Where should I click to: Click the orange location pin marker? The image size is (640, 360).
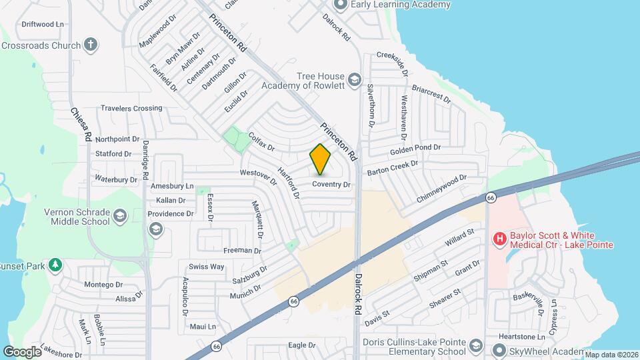coord(321,159)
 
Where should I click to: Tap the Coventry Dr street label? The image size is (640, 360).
coord(331,184)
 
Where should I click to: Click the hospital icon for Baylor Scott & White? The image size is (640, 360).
coord(498,238)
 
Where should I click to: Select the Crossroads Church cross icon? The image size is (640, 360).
coord(91,45)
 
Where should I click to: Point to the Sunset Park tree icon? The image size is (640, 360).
coord(56,266)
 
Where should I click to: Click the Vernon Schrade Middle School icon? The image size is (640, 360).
coord(120,215)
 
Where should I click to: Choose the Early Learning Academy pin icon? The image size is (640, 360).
coord(340,5)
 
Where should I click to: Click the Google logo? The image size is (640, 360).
coord(21,351)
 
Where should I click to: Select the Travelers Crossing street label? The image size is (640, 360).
coord(131,108)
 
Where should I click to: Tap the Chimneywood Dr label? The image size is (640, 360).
coord(441,189)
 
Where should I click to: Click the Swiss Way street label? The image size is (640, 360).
coord(207,267)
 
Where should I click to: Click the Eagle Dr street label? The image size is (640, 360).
coord(301,345)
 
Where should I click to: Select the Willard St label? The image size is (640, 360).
coord(459,237)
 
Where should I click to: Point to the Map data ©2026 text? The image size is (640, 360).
coord(611,355)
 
